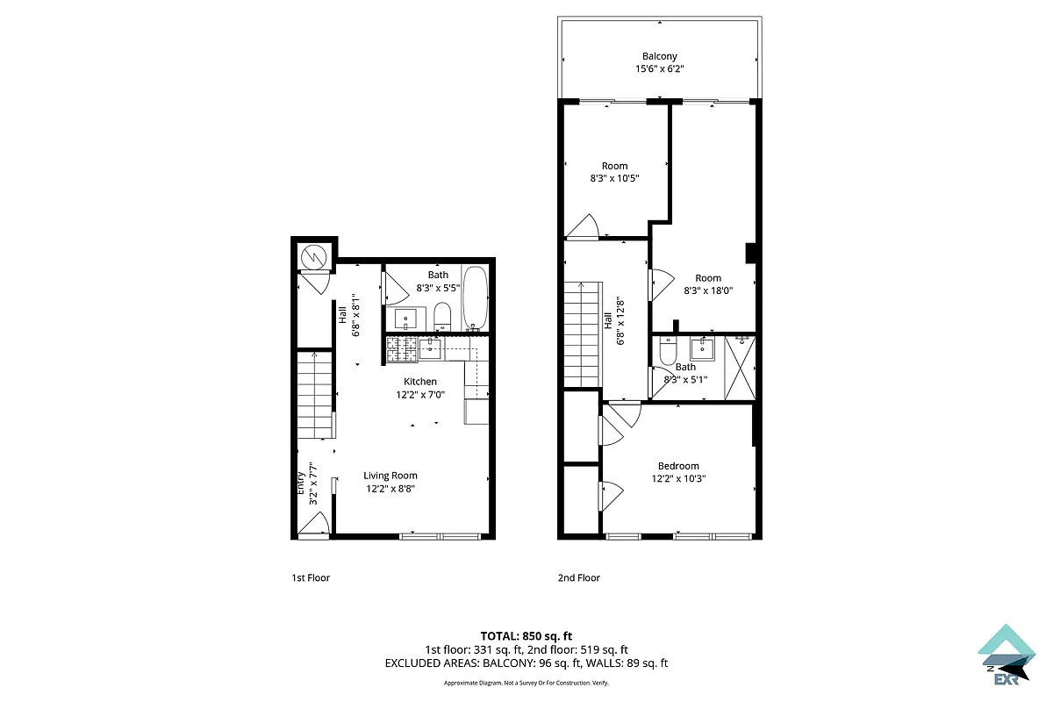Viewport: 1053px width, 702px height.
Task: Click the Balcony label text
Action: (659, 56)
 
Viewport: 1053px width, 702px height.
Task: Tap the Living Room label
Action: (390, 476)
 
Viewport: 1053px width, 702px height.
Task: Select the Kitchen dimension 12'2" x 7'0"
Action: (420, 395)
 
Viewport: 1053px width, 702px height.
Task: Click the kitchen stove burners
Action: (402, 349)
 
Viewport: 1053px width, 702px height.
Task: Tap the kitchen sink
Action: (430, 349)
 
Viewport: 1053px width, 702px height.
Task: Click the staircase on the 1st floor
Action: (314, 395)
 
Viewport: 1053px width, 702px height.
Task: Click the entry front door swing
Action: (313, 524)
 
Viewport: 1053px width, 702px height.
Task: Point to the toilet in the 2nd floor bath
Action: (668, 352)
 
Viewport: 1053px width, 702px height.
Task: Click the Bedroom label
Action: (678, 466)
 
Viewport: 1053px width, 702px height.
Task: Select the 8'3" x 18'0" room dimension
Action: (707, 290)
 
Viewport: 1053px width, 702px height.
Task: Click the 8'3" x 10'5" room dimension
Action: (614, 178)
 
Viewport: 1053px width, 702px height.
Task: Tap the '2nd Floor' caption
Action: (579, 577)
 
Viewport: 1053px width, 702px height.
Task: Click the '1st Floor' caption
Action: (311, 577)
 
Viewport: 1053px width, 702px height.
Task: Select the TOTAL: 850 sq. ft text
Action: (526, 635)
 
